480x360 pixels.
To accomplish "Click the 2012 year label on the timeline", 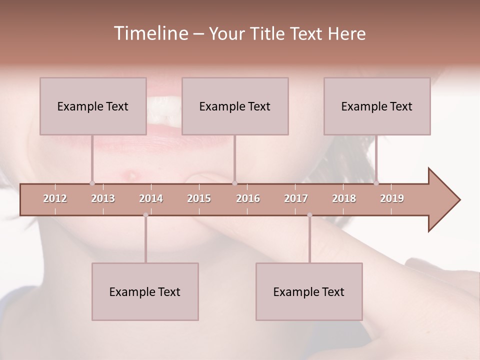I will pos(55,198).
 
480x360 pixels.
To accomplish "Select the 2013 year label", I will pos(103,198).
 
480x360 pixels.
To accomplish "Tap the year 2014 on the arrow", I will pos(151,198).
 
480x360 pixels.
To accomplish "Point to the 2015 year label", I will pos(199,198).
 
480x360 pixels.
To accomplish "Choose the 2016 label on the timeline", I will pos(248,198).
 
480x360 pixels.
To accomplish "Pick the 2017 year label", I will pos(296,198).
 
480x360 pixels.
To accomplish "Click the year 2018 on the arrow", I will pos(344,198).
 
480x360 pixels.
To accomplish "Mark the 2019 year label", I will pos(392,198).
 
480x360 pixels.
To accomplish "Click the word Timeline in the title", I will pos(150,33).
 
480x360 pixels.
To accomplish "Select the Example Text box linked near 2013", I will pos(93,106).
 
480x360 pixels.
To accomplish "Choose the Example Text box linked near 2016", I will pos(235,106).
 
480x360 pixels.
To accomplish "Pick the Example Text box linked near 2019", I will pos(377,106).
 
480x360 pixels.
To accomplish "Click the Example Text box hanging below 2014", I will pos(145,291).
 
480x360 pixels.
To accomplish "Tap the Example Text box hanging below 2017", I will pos(309,291).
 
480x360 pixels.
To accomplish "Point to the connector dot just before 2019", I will pos(376,183).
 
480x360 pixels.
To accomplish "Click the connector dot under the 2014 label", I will pos(145,215).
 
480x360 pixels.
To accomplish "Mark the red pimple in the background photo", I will pos(131,174).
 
